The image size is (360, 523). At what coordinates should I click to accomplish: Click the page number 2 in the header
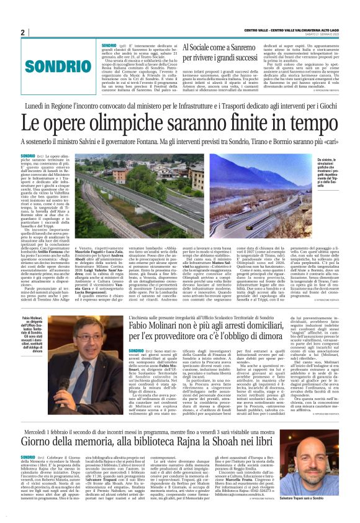[x=23, y=32]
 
